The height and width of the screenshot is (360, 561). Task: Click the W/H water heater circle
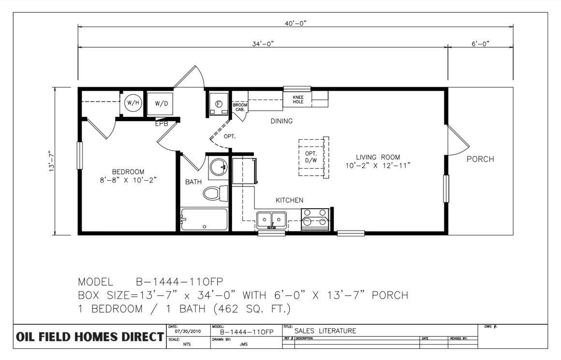tap(133, 103)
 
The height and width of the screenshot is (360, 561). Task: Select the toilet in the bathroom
tap(215, 193)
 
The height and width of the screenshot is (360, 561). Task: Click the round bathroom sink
tap(218, 166)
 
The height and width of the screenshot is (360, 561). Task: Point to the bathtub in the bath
tap(204, 219)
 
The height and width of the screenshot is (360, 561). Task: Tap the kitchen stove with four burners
tap(315, 219)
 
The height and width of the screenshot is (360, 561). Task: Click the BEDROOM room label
tap(128, 172)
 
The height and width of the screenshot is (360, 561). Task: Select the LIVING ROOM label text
tap(378, 157)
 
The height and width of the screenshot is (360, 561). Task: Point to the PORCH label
tap(480, 159)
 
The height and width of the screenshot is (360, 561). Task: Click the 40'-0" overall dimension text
tap(296, 23)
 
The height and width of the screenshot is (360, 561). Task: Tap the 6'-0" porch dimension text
tap(480, 44)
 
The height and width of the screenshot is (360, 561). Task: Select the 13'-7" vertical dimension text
tap(52, 161)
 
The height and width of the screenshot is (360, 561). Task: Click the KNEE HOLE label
tap(298, 100)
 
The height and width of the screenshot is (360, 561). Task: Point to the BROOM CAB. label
tap(240, 107)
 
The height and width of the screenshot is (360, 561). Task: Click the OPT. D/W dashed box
tap(311, 157)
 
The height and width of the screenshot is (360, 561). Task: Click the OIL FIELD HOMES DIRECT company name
tap(90, 337)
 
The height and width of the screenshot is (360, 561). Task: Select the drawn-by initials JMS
tap(244, 344)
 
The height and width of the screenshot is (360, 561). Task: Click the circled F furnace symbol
tap(219, 104)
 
